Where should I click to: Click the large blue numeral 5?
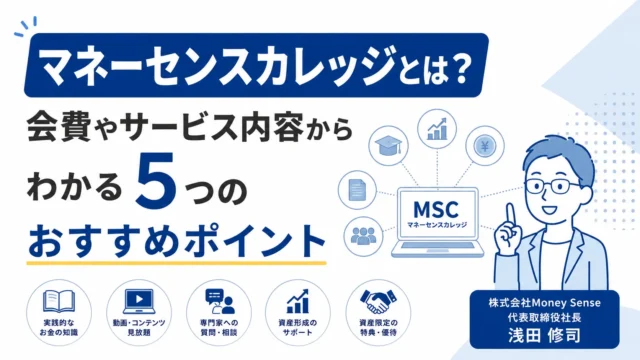coord(156,183)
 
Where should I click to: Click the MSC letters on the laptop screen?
coord(436,209)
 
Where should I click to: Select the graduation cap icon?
coord(388,146)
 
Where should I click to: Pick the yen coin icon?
coord(485,145)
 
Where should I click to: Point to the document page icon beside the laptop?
coord(357,191)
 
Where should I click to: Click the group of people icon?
coord(363,236)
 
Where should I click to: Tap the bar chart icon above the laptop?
coord(437,129)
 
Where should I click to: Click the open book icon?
coord(59,301)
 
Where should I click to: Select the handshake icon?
coord(378,301)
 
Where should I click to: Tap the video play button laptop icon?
coord(139,301)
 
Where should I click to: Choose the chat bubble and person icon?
coord(219,301)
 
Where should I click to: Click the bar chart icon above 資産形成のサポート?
coord(298,301)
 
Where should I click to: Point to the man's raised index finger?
coord(510,215)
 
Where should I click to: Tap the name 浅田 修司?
coord(544,336)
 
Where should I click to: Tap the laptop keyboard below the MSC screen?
coord(438,246)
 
